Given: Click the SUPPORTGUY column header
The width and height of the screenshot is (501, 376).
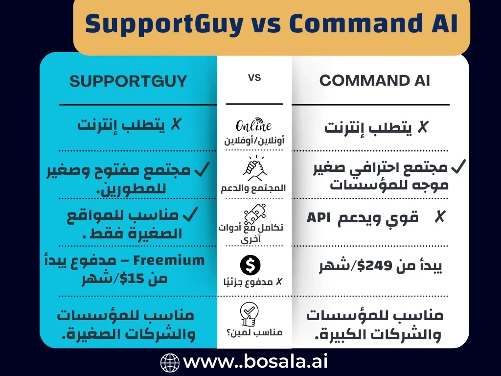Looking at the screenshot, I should coord(128,81).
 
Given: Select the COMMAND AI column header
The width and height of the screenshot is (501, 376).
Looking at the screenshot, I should coord(375,81).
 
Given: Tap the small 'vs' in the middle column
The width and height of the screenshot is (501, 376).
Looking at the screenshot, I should coord(254,77).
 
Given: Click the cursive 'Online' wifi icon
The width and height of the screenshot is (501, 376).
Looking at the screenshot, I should coord(254,125).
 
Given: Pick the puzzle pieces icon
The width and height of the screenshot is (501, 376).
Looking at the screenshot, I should coord(254,213).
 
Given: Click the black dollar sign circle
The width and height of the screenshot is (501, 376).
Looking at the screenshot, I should coord(250,265).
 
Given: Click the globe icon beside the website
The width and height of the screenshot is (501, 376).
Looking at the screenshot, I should coord(170,363).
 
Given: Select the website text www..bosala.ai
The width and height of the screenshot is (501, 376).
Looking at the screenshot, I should coord(255,362).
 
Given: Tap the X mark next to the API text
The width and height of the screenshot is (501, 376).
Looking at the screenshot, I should coord(440,217).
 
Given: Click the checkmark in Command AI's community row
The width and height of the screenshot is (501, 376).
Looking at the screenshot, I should coord(458,167).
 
